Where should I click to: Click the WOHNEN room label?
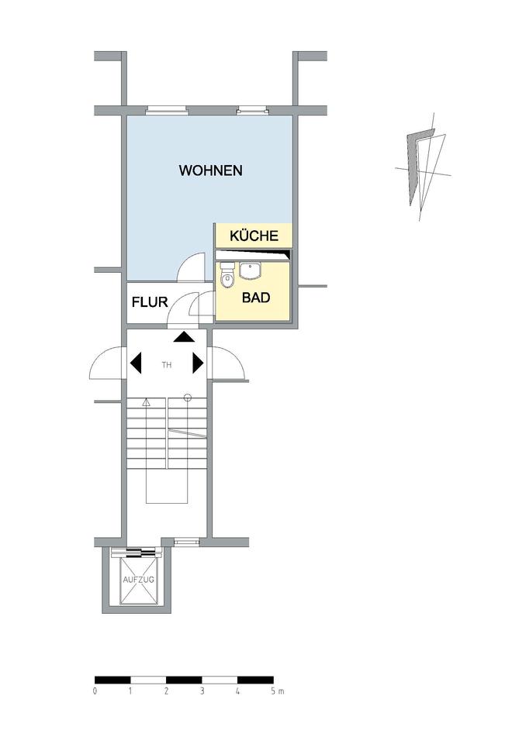coord(210,170)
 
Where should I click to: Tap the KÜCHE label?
coord(254,236)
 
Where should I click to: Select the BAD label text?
coord(256,297)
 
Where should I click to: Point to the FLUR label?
coord(149,302)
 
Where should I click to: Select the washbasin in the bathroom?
coord(250,270)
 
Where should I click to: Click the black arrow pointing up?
coord(184,336)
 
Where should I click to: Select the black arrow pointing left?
coord(136,362)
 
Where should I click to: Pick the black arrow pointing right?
coord(198,362)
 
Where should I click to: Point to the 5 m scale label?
coord(276,690)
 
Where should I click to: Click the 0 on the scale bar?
coord(95,690)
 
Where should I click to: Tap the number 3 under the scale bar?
coord(202,690)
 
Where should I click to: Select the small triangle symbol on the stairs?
coord(146,401)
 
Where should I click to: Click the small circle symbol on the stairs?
coord(187,398)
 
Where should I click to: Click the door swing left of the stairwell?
coord(107,362)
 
